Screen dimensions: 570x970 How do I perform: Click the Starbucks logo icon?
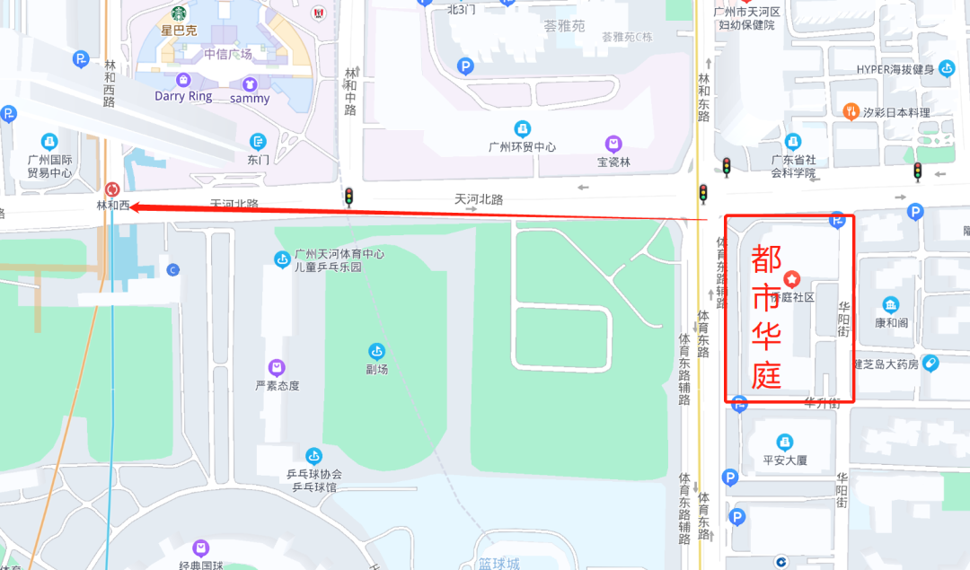click(x=178, y=13)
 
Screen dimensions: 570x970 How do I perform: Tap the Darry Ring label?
click(x=183, y=96)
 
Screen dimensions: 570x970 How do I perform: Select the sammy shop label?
click(x=250, y=99)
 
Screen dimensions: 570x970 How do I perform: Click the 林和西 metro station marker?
click(x=112, y=189)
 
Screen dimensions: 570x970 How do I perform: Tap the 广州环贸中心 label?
click(x=522, y=147)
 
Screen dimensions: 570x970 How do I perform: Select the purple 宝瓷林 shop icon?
click(x=613, y=144)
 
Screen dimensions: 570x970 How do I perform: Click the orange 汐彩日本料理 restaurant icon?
click(x=851, y=111)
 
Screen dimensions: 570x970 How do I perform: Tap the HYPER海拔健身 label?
click(x=895, y=69)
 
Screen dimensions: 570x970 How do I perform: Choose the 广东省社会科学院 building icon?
click(x=792, y=142)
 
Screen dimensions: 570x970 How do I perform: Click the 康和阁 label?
click(x=891, y=322)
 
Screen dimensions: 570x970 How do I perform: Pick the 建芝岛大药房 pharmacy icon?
click(x=930, y=364)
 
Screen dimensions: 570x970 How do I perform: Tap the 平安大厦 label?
click(x=785, y=460)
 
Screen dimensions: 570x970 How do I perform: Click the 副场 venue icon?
click(x=377, y=350)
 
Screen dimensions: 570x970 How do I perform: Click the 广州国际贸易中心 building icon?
click(x=48, y=142)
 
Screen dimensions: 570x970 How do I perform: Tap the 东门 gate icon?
click(x=259, y=142)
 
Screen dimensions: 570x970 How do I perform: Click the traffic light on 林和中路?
click(x=348, y=197)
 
